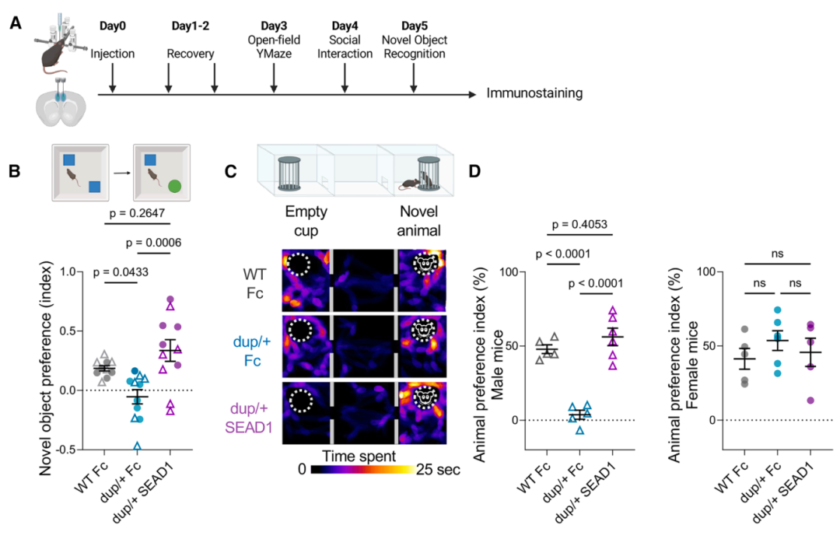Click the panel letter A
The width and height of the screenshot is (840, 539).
coord(16,23)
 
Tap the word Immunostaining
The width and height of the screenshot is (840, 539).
coord(534,94)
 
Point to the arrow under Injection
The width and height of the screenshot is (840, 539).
coord(113,81)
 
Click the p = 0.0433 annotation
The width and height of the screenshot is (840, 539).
coord(121,272)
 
